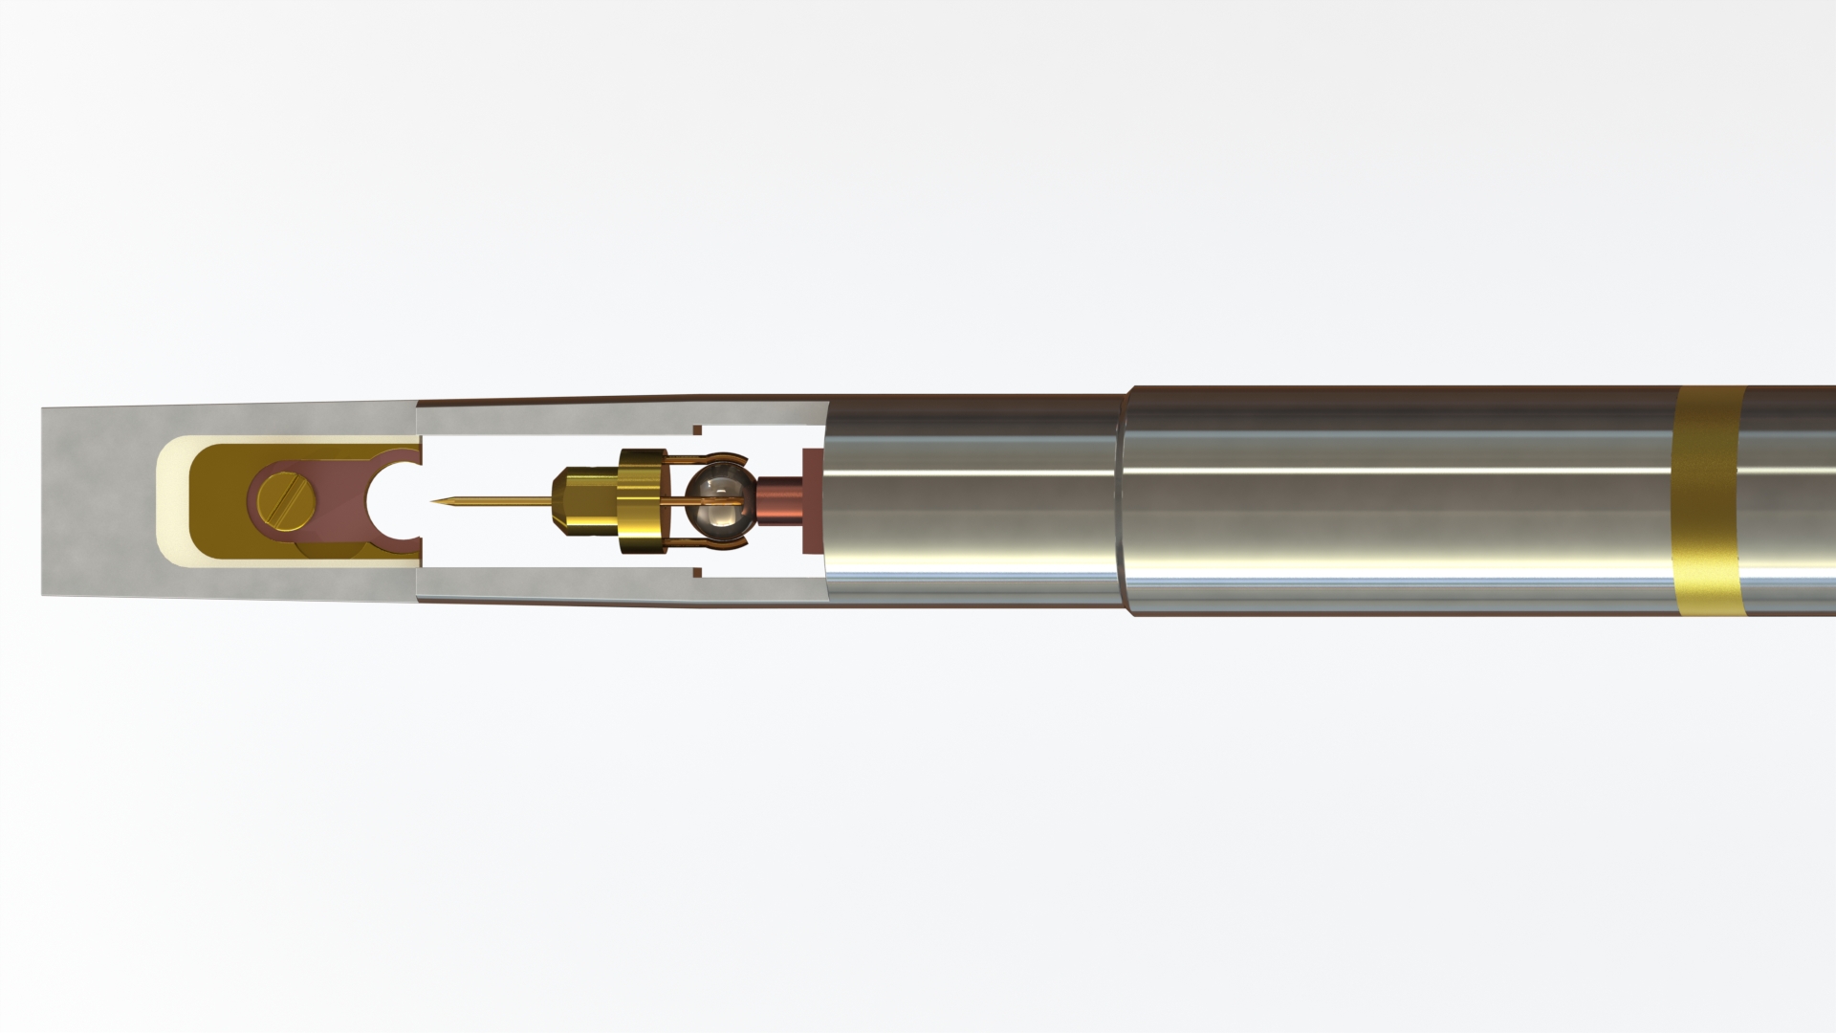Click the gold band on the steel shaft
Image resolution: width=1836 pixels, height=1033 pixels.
[1710, 501]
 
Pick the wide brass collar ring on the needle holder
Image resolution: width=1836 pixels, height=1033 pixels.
[640, 501]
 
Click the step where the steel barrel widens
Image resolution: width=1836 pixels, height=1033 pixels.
[1125, 501]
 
